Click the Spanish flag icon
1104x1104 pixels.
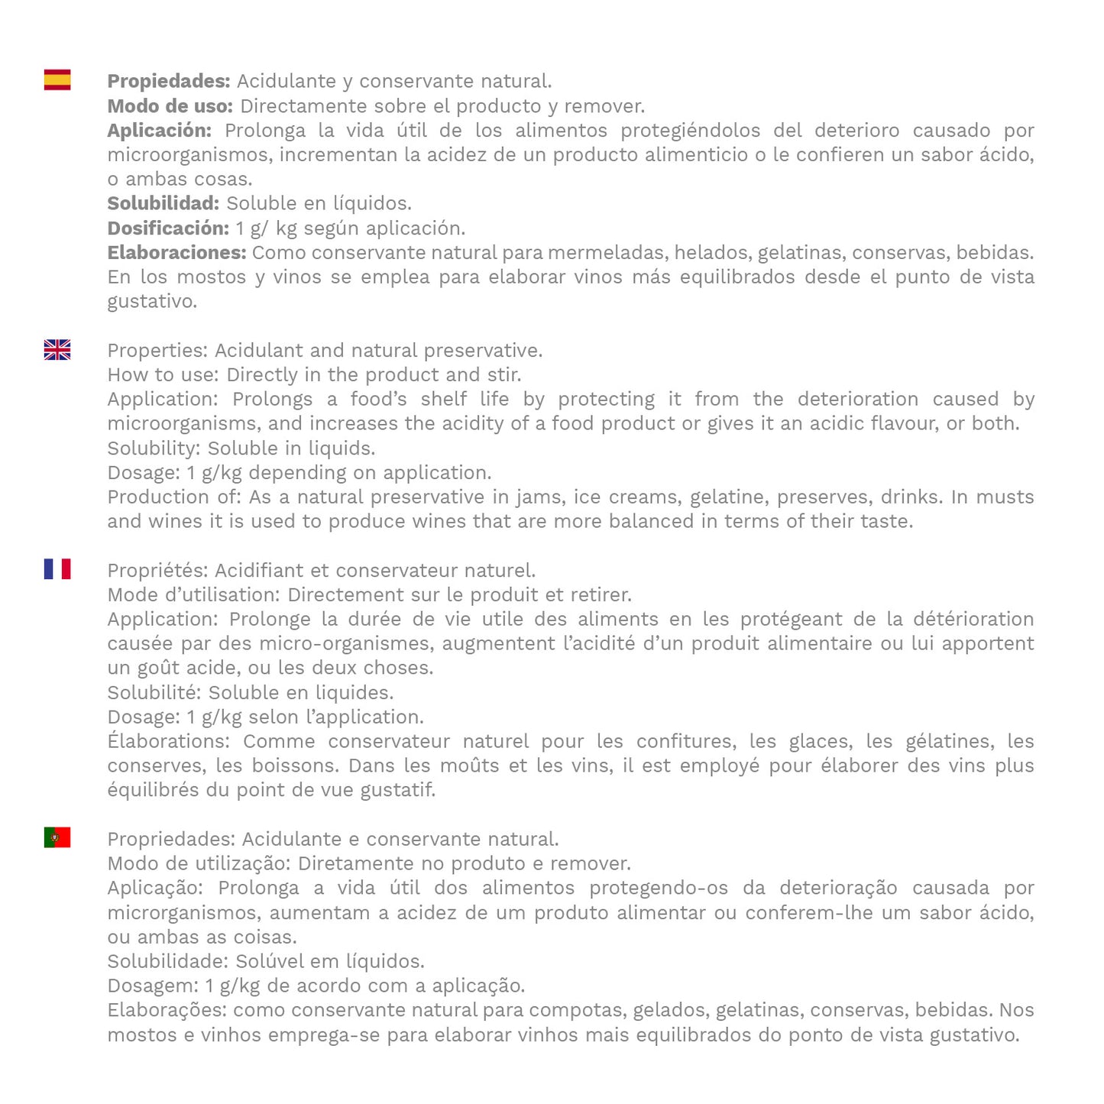tap(57, 79)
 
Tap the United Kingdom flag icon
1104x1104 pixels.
tap(57, 349)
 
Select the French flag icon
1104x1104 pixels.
tap(57, 568)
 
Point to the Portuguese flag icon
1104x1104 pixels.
tap(57, 837)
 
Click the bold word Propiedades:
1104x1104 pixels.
tap(168, 81)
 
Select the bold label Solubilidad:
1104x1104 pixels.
tap(163, 203)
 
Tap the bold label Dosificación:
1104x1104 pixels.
tap(167, 228)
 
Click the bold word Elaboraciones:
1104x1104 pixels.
tap(176, 252)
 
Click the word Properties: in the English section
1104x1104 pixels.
tap(157, 351)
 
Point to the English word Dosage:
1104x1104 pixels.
tap(144, 473)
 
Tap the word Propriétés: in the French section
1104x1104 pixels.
tap(157, 571)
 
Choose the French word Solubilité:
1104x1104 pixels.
tap(154, 693)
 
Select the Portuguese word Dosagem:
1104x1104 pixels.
tap(153, 986)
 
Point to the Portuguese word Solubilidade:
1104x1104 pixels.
tap(168, 961)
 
